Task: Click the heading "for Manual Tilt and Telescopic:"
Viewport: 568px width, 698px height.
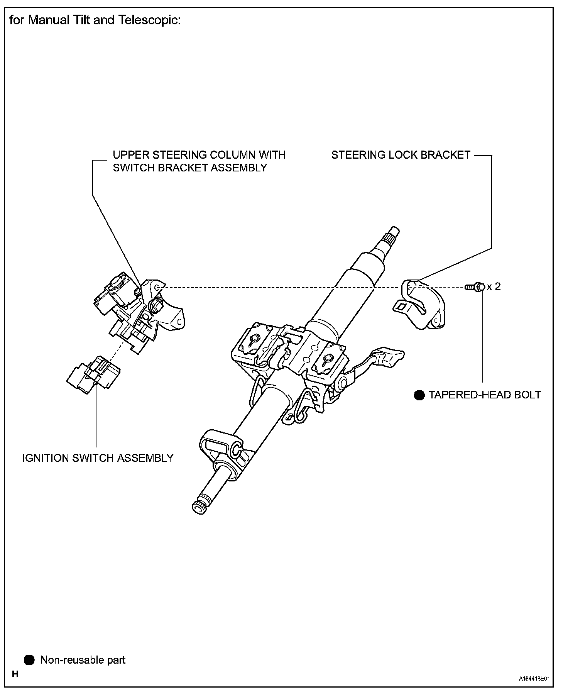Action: click(x=95, y=20)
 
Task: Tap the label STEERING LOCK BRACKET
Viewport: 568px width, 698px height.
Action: click(x=401, y=155)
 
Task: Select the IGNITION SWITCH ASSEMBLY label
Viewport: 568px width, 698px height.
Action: click(x=98, y=458)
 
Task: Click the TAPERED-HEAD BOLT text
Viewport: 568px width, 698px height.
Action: click(x=485, y=395)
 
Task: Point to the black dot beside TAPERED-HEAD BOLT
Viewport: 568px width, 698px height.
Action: click(x=419, y=395)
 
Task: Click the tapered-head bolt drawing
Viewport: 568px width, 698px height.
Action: click(x=475, y=287)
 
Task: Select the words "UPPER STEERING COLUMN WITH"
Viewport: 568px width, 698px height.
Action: click(x=199, y=155)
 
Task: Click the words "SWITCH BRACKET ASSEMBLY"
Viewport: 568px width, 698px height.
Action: click(x=190, y=168)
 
